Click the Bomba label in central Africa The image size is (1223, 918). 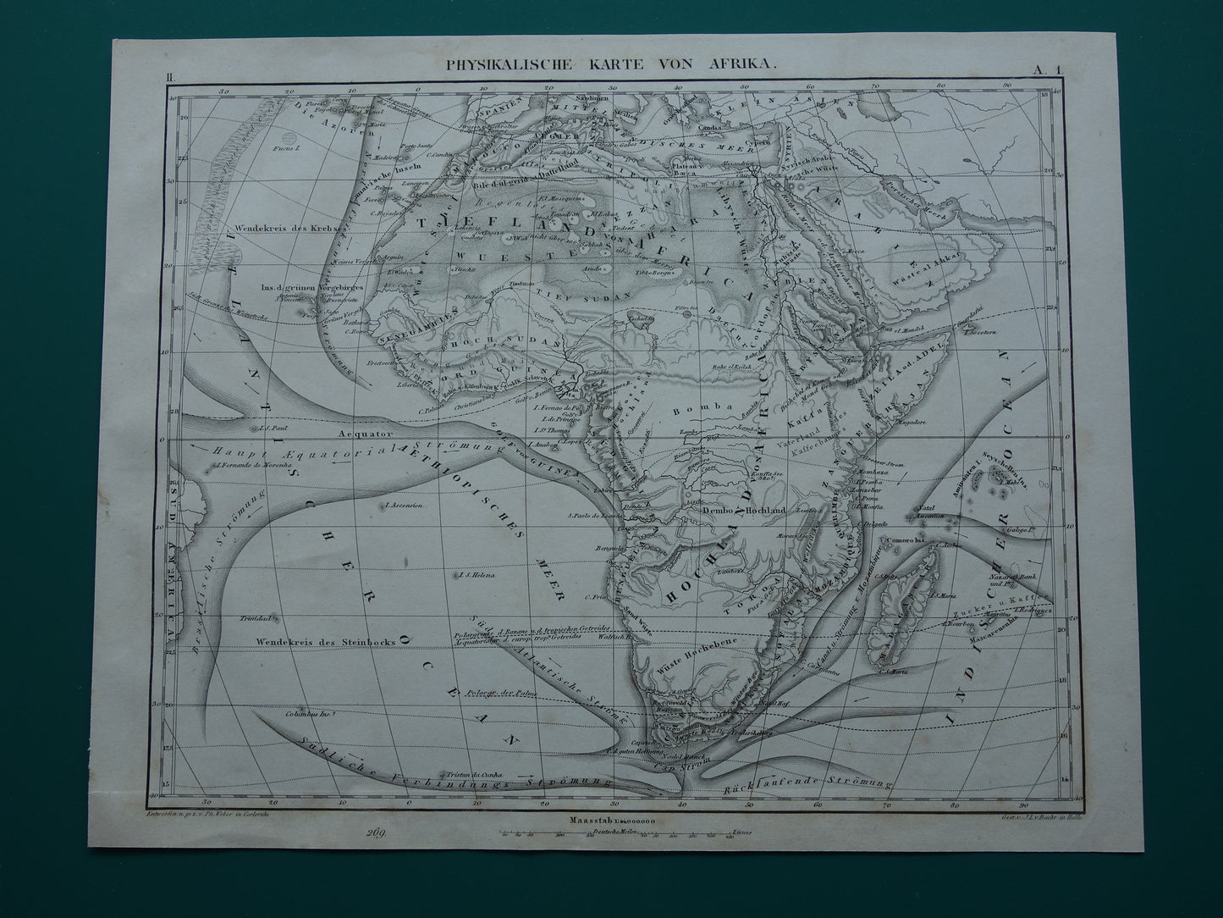[713, 407]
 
